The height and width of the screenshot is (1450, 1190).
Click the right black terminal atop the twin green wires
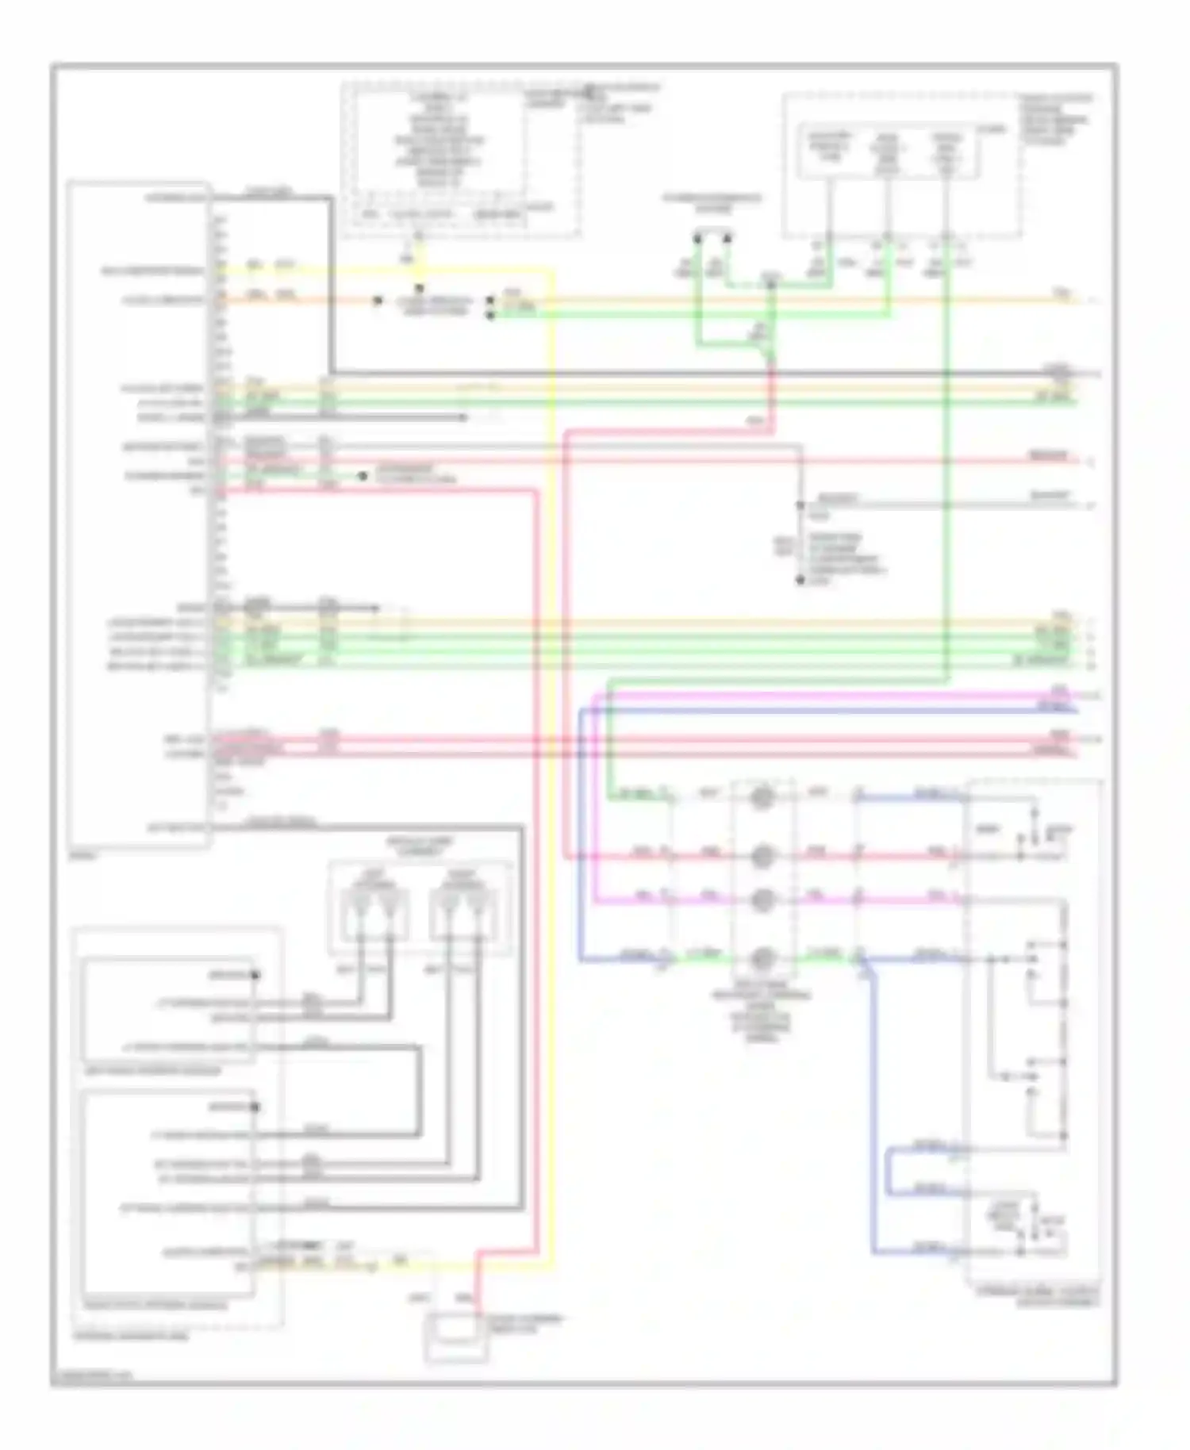coord(727,237)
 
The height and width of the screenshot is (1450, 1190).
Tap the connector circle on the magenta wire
coord(762,900)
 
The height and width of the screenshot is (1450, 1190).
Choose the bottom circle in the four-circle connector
coord(762,958)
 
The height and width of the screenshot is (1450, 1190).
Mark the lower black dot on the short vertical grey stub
coord(800,581)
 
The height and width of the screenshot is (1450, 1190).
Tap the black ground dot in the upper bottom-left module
coord(255,975)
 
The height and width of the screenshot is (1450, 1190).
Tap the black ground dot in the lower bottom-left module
coord(255,1107)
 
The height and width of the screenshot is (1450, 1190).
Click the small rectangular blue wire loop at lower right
coord(892,1170)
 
